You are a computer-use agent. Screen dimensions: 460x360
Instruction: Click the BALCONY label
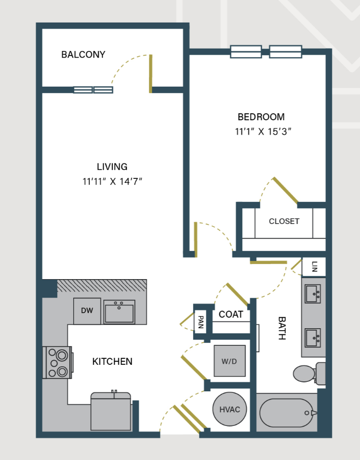point(83,55)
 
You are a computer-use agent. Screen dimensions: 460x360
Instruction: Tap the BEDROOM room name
point(261,117)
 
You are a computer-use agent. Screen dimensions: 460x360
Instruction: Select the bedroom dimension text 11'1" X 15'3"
point(263,132)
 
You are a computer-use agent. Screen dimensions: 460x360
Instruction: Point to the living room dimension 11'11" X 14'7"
point(113,181)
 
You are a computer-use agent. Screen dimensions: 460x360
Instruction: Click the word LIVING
point(112,167)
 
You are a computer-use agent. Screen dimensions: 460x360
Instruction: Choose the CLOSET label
point(284,221)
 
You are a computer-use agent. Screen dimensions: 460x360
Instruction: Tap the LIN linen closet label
point(314,266)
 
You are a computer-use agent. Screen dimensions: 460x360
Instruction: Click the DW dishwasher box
point(87,311)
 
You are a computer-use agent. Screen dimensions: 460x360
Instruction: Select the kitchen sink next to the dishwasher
point(119,312)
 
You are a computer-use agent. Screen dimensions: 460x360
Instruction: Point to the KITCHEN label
point(112,361)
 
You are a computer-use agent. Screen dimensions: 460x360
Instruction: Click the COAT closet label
point(231,315)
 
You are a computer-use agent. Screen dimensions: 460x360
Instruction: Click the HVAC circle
point(230,409)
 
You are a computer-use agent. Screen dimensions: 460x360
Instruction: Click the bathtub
point(286,413)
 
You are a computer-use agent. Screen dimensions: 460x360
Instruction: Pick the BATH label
point(281,328)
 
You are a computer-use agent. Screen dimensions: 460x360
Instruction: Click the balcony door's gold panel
point(150,74)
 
